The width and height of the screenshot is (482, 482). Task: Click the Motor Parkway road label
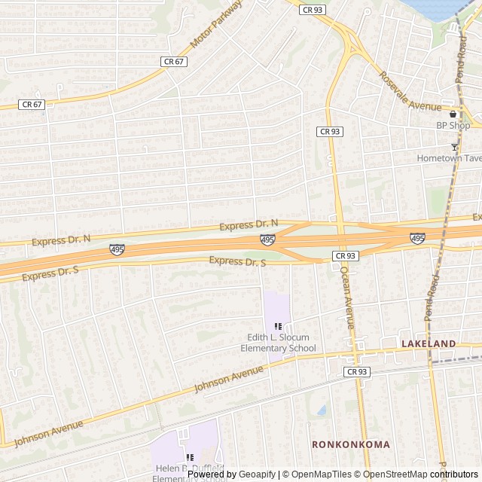click(x=217, y=26)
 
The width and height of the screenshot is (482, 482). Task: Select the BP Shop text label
click(x=453, y=126)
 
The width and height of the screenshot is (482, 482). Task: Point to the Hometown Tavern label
click(x=449, y=158)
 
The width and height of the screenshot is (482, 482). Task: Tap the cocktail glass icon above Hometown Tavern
click(x=454, y=146)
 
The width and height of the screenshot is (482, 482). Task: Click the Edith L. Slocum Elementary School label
click(x=278, y=343)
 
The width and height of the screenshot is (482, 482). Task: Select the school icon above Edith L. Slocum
click(x=278, y=325)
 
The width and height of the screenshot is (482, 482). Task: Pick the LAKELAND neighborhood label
click(x=429, y=343)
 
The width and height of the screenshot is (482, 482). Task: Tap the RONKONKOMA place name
click(x=351, y=444)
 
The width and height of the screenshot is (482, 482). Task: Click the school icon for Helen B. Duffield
click(x=189, y=456)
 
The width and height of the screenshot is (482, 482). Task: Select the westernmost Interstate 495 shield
click(x=117, y=249)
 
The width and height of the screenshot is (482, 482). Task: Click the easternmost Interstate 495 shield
click(x=418, y=238)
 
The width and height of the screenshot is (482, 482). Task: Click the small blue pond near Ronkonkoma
click(x=322, y=410)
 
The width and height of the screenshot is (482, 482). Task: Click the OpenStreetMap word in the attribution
click(x=396, y=474)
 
